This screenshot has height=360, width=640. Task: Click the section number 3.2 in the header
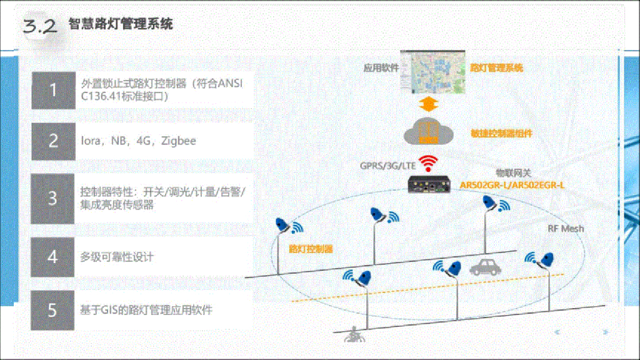tap(39, 26)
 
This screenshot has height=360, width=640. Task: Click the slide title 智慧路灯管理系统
tap(120, 24)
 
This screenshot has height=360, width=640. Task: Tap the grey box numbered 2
tap(53, 141)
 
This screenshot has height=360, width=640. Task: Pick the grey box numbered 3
tap(53, 198)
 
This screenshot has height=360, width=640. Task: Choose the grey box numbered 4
tap(53, 257)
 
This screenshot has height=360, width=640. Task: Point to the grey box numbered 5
tap(53, 309)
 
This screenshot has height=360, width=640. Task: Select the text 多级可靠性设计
tap(117, 257)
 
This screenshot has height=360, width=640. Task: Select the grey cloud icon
tap(428, 132)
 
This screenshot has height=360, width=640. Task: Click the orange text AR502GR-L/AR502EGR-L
tap(511, 186)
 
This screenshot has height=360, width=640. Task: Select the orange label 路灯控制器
tap(311, 249)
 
